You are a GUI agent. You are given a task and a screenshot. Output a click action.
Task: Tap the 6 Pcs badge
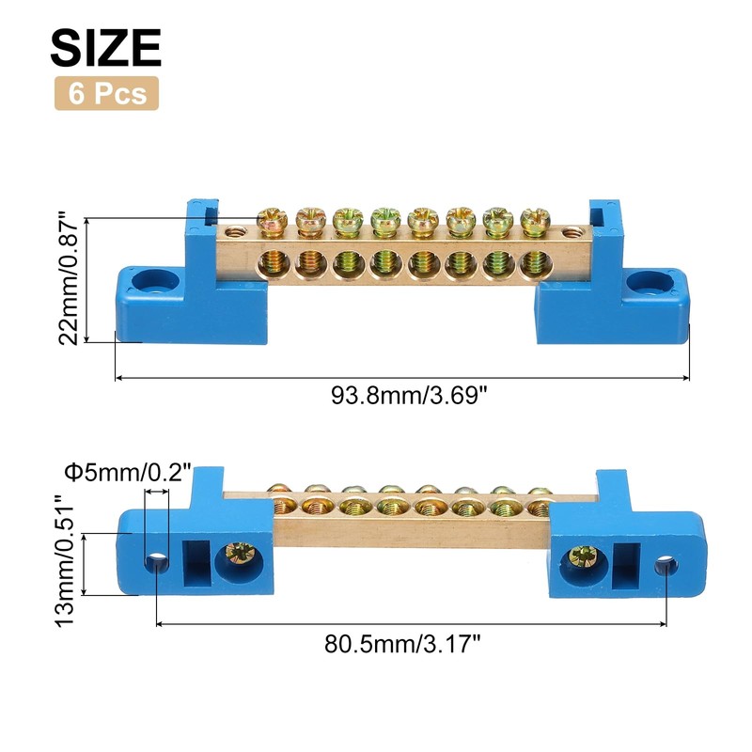tap(106, 94)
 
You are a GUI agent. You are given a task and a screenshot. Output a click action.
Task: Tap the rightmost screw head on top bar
tap(533, 220)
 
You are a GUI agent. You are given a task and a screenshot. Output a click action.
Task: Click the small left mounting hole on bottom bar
tap(156, 563)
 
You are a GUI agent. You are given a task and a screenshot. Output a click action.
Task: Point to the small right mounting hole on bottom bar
tap(666, 565)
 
